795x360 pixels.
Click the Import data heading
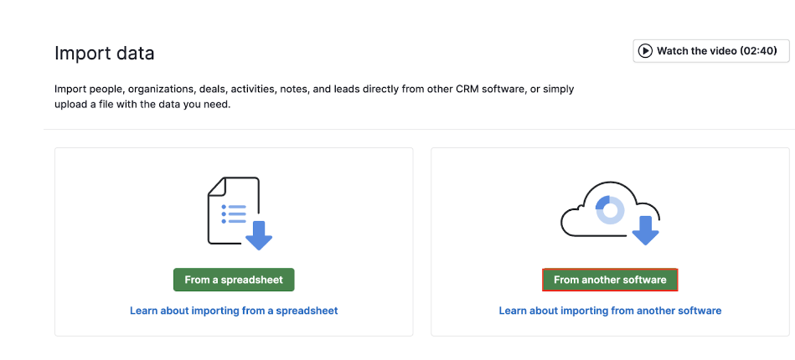pos(105,53)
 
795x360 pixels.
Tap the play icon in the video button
pos(645,51)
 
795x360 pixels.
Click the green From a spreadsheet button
pos(234,280)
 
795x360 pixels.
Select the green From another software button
pos(610,280)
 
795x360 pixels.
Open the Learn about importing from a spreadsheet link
pos(234,311)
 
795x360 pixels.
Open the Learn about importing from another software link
pos(610,311)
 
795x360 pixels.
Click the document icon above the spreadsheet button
pos(234,210)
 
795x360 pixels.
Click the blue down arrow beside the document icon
pos(259,235)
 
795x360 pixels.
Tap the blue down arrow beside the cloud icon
pos(645,230)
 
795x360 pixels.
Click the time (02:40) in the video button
pos(758,51)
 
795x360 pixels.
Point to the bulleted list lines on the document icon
pos(234,214)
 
